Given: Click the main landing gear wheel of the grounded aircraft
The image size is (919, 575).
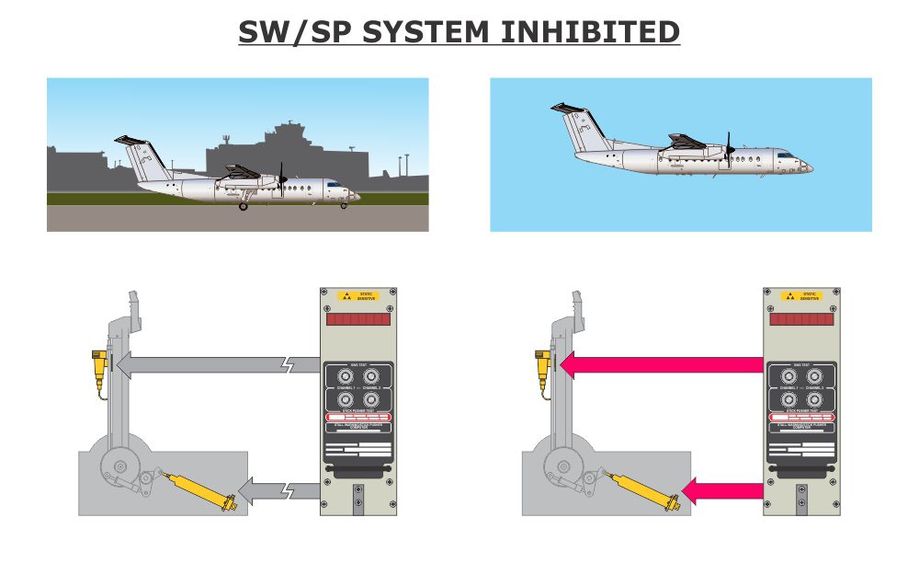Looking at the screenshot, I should click(244, 206).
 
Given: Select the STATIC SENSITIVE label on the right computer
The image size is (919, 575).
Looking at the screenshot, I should click(802, 296).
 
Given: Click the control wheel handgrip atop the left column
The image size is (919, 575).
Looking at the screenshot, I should click(134, 307).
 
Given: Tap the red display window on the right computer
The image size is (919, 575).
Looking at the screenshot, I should click(802, 318).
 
